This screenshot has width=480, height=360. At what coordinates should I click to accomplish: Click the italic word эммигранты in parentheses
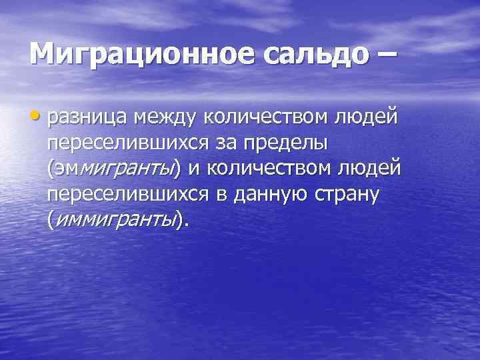point(114,169)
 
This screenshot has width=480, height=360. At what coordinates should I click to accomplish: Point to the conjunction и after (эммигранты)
point(193,169)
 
